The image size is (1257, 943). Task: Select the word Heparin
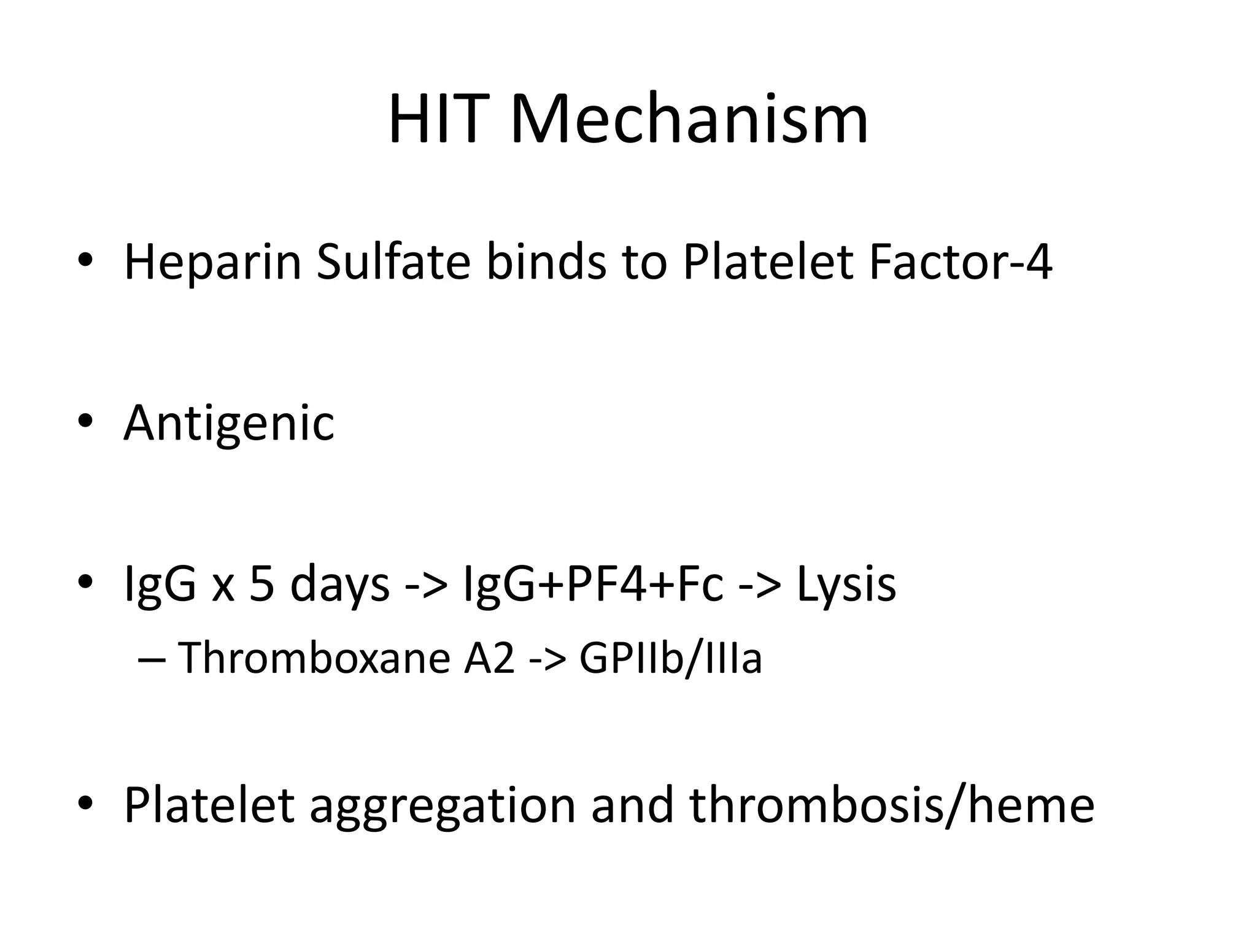(213, 263)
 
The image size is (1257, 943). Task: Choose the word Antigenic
(229, 424)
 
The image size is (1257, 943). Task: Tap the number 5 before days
(262, 584)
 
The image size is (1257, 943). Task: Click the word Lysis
(846, 584)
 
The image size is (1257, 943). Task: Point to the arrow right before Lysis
(760, 585)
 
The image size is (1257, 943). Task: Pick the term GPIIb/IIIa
(670, 658)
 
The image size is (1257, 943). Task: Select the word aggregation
(442, 805)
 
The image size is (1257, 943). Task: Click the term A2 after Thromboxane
(489, 658)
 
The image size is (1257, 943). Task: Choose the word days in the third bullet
(339, 585)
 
